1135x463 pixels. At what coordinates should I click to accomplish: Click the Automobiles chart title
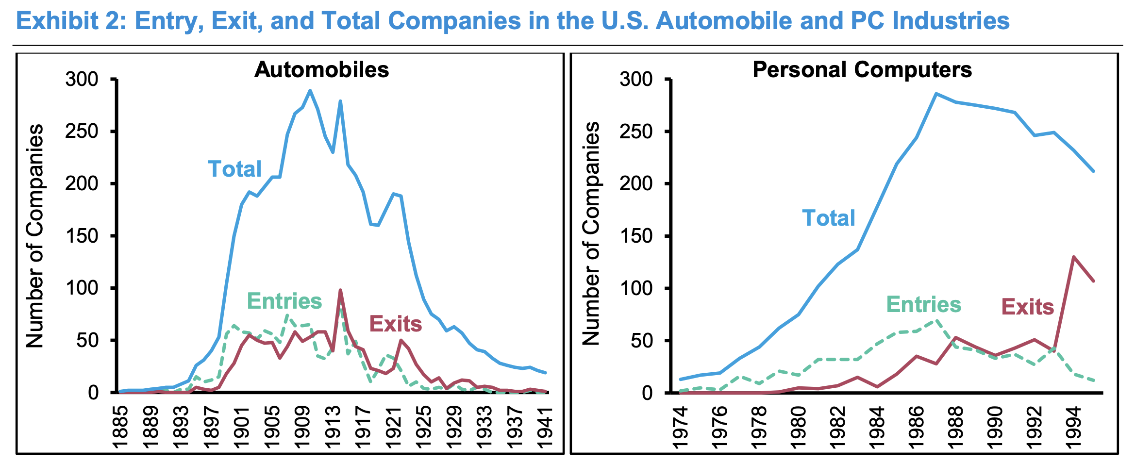tap(321, 70)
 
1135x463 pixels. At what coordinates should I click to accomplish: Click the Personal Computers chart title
tap(862, 70)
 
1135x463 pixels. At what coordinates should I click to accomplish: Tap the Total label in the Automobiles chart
tap(235, 169)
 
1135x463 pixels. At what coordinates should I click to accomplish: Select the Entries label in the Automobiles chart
tap(284, 301)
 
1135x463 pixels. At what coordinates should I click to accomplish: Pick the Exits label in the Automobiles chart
tap(396, 324)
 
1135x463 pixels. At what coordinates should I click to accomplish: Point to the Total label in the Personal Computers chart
tap(829, 218)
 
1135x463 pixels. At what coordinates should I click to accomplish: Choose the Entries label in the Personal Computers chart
tap(924, 305)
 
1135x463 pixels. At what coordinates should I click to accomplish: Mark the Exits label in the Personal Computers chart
tap(1028, 307)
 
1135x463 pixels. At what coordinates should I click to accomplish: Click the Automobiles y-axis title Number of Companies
tap(35, 236)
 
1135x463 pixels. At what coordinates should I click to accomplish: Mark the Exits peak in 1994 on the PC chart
tap(1073, 257)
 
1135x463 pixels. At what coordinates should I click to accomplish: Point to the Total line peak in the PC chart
tap(936, 94)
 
